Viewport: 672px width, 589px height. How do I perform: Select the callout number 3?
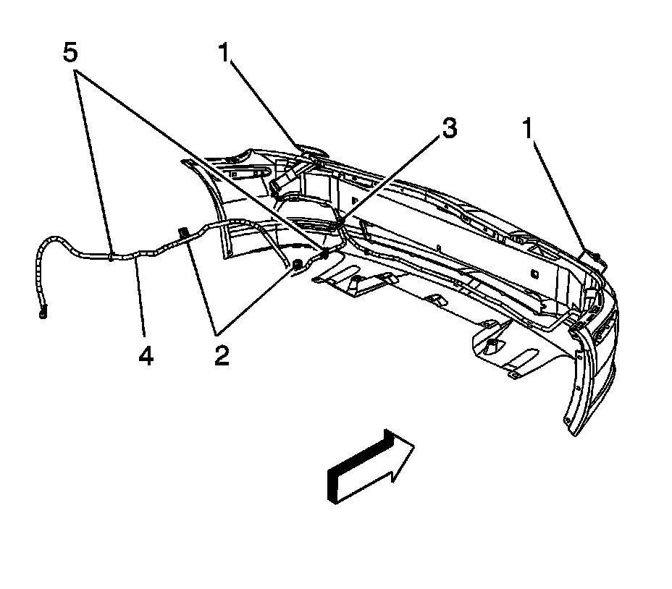450,129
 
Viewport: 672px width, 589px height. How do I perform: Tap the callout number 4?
146,355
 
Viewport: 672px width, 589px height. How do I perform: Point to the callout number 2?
221,355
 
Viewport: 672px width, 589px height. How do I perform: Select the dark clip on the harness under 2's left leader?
182,232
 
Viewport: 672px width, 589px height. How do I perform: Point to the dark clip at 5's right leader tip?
324,254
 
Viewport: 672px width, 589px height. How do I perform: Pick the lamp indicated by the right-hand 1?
592,255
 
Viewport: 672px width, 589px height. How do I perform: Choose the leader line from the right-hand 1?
560,195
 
